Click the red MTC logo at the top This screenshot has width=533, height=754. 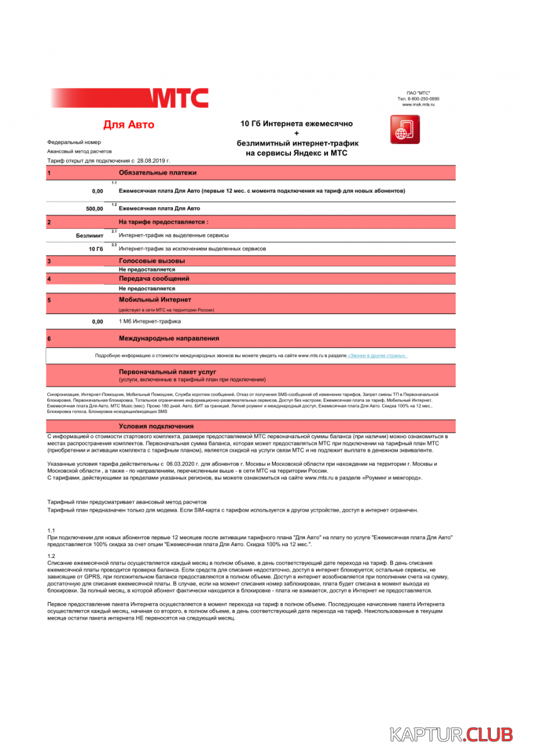click(x=179, y=98)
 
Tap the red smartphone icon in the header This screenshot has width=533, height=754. click(x=404, y=130)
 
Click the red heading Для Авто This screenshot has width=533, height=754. click(x=128, y=125)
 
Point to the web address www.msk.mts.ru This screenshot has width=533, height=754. click(x=419, y=105)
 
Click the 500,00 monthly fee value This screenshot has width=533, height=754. click(x=94, y=208)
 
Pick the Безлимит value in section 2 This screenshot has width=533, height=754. click(x=89, y=235)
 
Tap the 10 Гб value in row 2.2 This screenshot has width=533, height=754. click(x=96, y=249)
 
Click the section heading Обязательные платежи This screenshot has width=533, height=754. click(x=158, y=172)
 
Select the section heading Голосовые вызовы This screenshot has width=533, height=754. click(x=152, y=261)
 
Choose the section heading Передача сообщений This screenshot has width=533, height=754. click(x=154, y=278)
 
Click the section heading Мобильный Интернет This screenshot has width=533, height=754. click(x=155, y=300)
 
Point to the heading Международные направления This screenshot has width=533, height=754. click(x=169, y=339)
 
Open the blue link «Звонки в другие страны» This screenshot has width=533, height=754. click(x=377, y=356)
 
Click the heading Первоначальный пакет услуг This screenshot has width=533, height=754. click(x=167, y=372)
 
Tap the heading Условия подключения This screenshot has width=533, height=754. click(x=156, y=427)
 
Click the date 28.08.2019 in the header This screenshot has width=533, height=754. click(x=154, y=161)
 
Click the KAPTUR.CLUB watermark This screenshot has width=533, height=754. click(x=451, y=734)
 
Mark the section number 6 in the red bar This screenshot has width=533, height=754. click(x=49, y=339)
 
